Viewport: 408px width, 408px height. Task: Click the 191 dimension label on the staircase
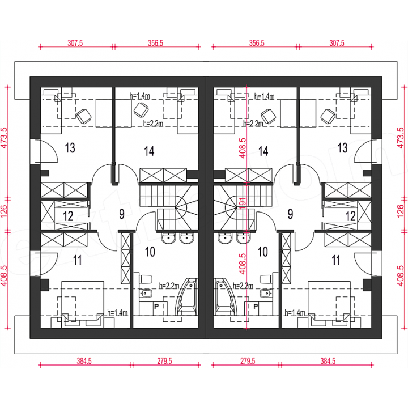pos(243,203)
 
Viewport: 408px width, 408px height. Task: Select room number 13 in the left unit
pos(70,148)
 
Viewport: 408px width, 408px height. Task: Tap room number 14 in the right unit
pos(263,151)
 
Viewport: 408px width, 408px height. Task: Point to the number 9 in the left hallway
pos(122,214)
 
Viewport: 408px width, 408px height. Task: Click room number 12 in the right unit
pos(351,216)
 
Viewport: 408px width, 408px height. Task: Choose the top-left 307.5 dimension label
pos(75,43)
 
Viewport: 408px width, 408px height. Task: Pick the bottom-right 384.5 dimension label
pos(328,361)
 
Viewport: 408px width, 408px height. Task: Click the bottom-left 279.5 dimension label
pos(164,361)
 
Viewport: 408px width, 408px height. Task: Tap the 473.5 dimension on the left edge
pos(5,138)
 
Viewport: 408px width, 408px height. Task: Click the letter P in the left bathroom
pos(156,306)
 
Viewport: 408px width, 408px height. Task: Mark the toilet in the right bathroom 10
pos(266,279)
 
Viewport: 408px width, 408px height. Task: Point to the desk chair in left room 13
pos(84,116)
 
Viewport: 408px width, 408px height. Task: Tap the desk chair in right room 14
pos(269,116)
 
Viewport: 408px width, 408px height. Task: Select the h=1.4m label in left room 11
pos(117,312)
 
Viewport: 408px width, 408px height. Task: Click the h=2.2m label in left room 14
pos(153,124)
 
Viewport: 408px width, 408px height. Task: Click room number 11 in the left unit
pos(77,260)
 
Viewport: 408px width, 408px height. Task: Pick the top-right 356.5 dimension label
pos(257,43)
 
